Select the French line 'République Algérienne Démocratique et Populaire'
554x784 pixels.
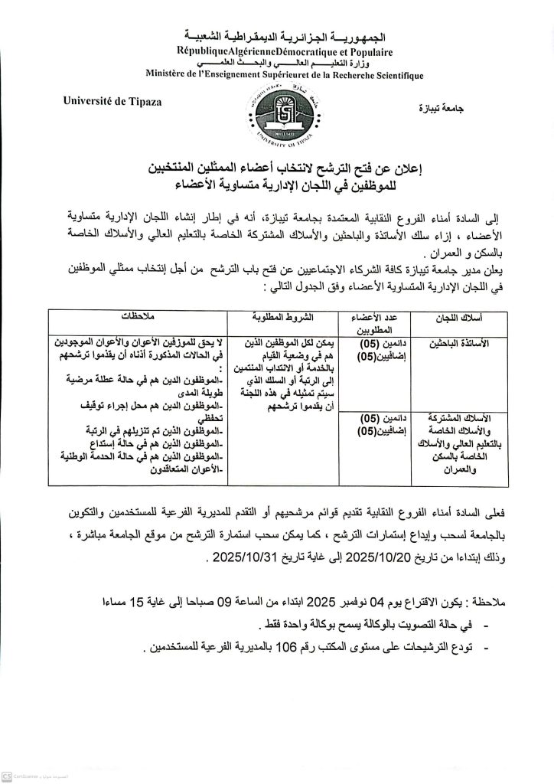(x=277, y=51)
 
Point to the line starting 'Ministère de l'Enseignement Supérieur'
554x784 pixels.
(x=277, y=73)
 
